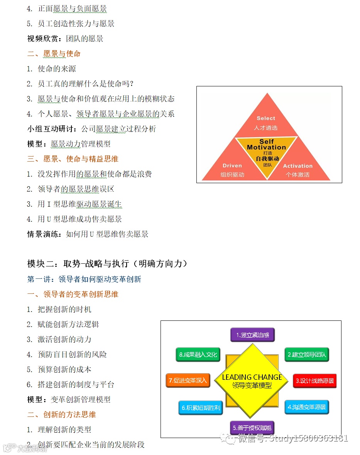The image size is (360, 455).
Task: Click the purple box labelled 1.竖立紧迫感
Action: [252, 335]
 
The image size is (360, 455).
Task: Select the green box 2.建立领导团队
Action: [307, 354]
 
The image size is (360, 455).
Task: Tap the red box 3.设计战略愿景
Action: [314, 381]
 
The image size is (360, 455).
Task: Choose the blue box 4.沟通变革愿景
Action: [307, 407]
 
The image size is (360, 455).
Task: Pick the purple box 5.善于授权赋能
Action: [252, 428]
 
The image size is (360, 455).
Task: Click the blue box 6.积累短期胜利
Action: [200, 408]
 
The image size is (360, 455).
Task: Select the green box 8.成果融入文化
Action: [198, 354]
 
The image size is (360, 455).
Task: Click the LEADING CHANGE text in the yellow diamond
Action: [252, 377]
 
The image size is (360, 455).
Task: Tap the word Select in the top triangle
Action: [266, 118]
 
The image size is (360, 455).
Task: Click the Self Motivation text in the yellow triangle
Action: [266, 145]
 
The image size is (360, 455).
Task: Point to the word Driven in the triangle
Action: [232, 166]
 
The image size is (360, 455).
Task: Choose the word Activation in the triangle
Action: [297, 166]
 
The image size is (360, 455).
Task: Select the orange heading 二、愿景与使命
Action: [54, 54]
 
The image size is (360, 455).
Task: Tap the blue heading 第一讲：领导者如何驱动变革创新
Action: [84, 279]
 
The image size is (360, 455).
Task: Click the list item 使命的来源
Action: [57, 69]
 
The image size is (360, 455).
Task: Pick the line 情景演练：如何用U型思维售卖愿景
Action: [88, 234]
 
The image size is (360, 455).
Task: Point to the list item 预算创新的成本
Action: [64, 369]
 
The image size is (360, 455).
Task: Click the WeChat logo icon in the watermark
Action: [232, 438]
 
